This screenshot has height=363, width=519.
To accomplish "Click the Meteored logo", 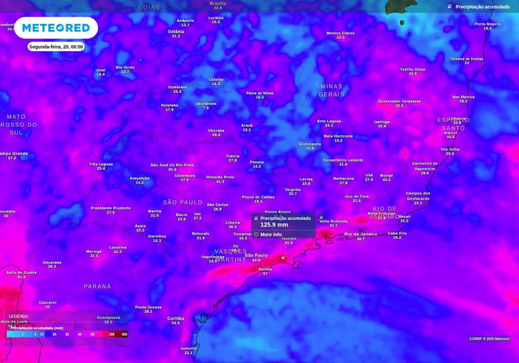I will point(56,28).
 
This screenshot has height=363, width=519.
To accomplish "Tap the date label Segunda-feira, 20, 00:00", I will point(56,47).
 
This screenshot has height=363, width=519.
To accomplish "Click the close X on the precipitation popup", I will point(321,217).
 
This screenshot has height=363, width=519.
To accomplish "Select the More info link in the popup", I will point(271,235).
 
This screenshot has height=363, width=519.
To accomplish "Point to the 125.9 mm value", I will point(274,225).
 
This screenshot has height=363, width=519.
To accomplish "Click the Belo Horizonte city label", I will point(338,136).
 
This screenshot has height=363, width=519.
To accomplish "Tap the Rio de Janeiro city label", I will point(360,234).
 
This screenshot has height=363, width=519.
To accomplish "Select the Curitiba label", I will point(175,318).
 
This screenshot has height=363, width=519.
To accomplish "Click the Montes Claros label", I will point(340,33).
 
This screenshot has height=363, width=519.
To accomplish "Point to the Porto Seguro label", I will point(487,24).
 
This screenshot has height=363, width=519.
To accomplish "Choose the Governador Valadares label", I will point(399,101).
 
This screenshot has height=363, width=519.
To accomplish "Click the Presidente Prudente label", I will point(110,208).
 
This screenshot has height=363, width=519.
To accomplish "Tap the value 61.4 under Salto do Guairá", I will point(21,277).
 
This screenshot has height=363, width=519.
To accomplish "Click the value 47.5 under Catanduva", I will point(184,180).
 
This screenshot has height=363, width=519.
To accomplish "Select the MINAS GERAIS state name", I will point(331,90).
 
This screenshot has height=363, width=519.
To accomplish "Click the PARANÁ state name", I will point(97,286).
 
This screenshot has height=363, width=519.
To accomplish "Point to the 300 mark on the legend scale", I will point(124,334).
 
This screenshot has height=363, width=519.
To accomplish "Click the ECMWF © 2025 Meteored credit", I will point(489,339).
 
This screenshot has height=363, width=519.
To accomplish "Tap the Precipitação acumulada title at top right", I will point(482,7).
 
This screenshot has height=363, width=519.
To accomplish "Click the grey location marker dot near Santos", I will point(283,258).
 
